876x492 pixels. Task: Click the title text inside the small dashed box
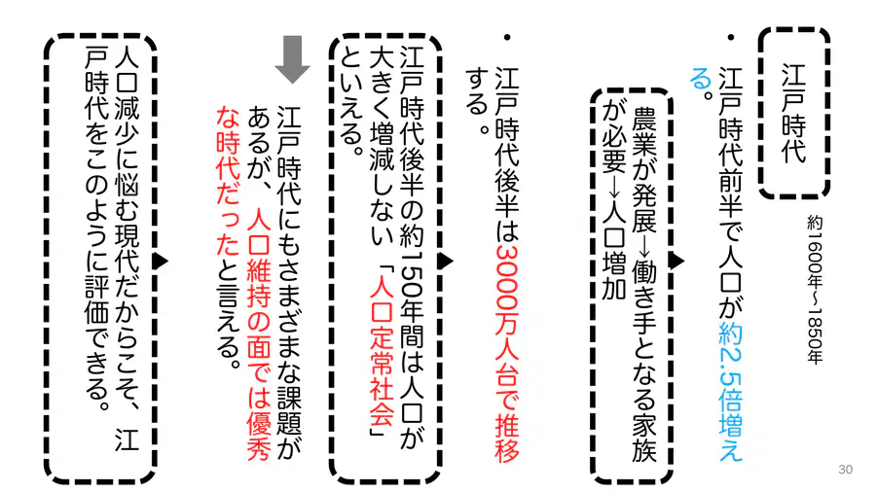[x=793, y=113]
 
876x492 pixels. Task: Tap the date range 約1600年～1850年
[x=815, y=290]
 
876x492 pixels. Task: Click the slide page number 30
[x=845, y=469]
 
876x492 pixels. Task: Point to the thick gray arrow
[x=292, y=59]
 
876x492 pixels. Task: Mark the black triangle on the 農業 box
[x=676, y=261]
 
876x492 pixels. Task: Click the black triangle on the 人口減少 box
[x=161, y=261]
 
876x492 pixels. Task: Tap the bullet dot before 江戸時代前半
[x=730, y=37]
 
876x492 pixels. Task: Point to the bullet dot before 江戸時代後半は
[x=507, y=37]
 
